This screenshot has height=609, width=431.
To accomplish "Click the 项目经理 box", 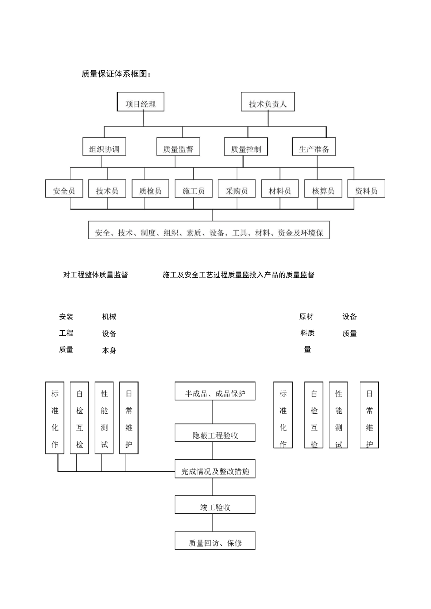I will tap(140, 102).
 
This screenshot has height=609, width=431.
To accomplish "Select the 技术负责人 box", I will tap(268, 102).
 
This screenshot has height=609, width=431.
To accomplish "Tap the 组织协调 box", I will tap(104, 147).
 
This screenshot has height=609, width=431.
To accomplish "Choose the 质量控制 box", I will tap(246, 147).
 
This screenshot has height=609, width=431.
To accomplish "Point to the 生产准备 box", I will tap(313, 147).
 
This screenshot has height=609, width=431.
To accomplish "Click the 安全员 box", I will tap(64, 189).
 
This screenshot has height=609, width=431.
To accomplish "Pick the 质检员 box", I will tap(150, 189).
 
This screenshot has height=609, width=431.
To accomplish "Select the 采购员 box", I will tap(237, 189).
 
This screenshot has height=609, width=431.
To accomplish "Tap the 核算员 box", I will tap(323, 189).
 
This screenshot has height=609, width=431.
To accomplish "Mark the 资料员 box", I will tap(366, 189).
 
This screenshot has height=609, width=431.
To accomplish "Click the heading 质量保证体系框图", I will tap(116, 74).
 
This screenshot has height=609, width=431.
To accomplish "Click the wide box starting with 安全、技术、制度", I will tap(209, 231).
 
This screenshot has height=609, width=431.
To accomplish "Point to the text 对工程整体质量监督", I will tap(95, 275).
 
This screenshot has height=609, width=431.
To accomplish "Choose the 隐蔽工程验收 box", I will tap(215, 434).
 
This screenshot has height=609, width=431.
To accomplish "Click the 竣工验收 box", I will tap(215, 505).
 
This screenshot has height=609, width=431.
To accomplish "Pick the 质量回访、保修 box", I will tap(215, 541).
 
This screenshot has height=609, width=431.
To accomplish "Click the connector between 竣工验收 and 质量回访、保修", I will tap(212, 523).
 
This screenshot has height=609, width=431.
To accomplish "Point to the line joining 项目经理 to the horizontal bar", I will tap(143, 119).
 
